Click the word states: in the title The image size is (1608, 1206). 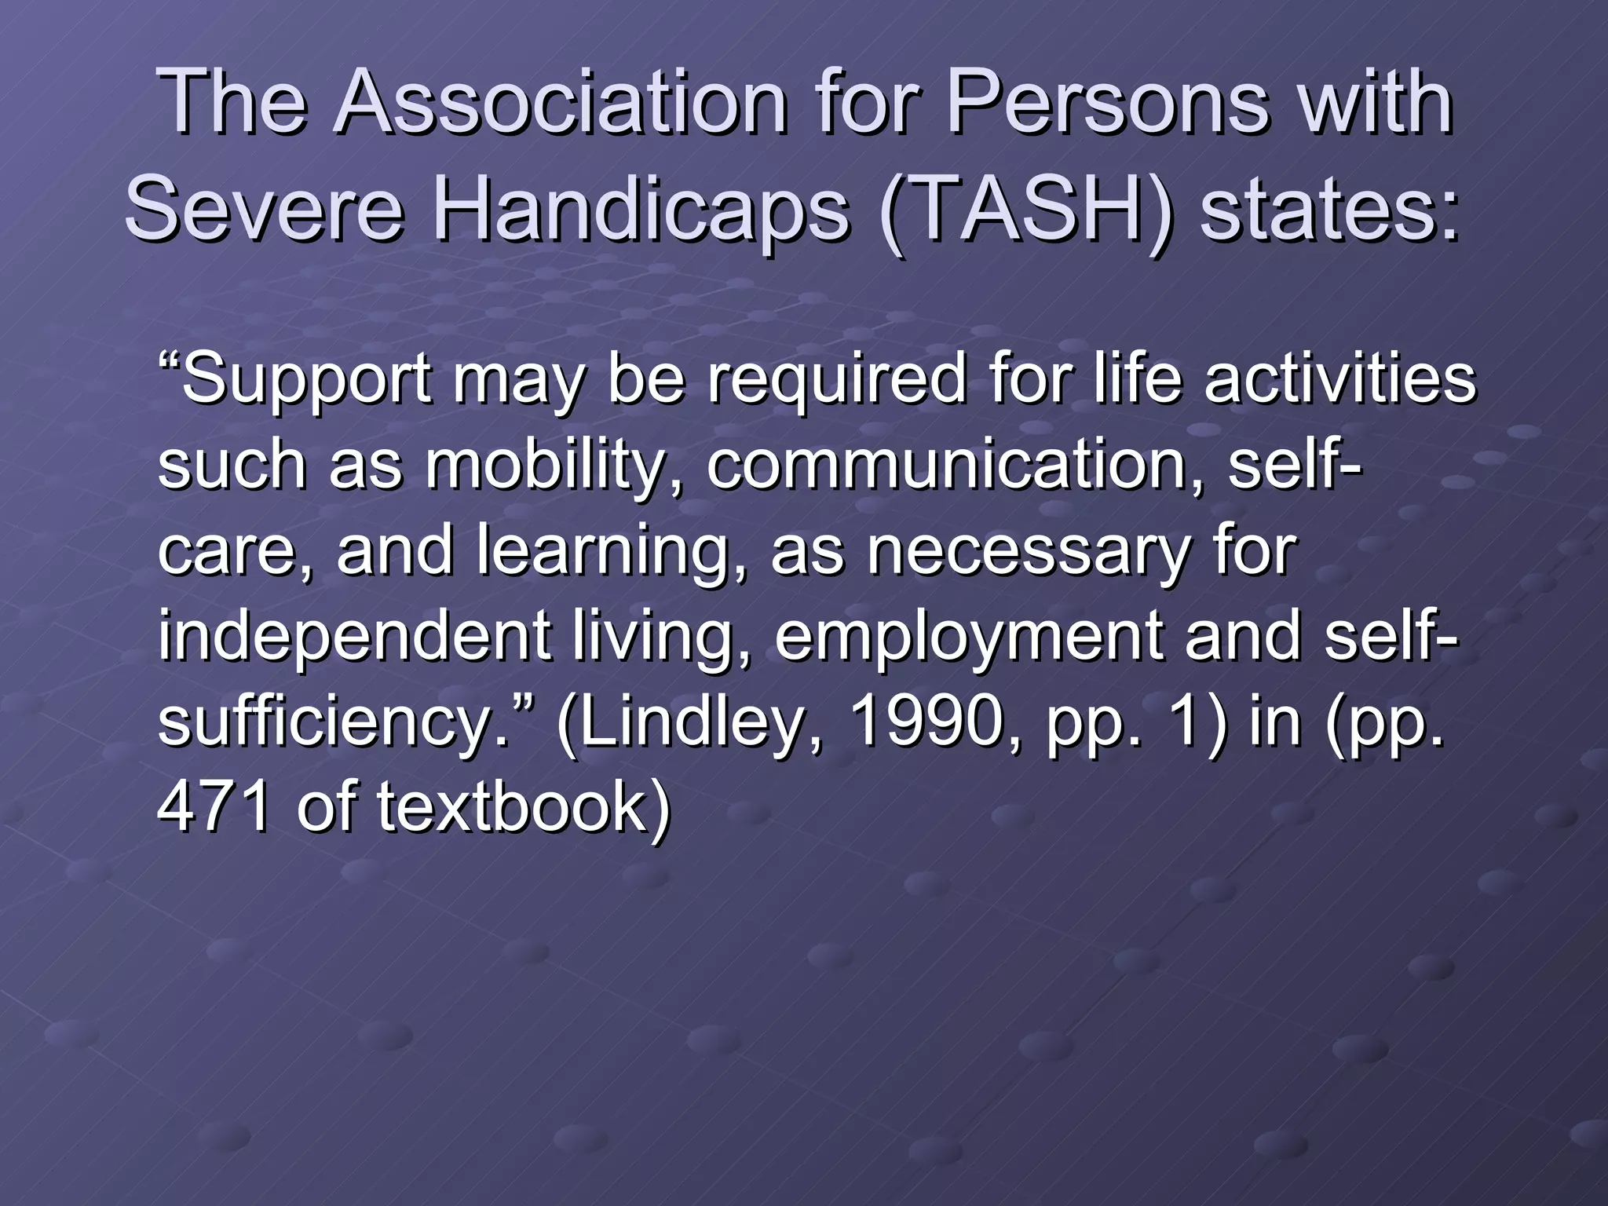1330,210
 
